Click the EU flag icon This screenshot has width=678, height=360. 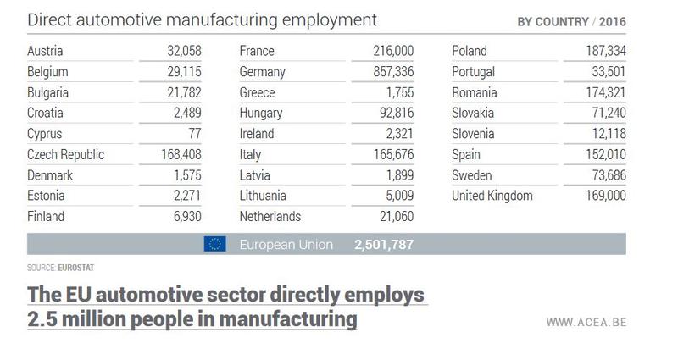[214, 245]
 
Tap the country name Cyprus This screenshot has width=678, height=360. [45, 135]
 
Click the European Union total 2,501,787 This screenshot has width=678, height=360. [385, 245]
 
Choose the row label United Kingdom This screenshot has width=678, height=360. [492, 196]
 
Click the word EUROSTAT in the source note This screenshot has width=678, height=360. [77, 267]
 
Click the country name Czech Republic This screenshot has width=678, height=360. [66, 155]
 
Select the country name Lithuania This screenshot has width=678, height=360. [264, 196]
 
